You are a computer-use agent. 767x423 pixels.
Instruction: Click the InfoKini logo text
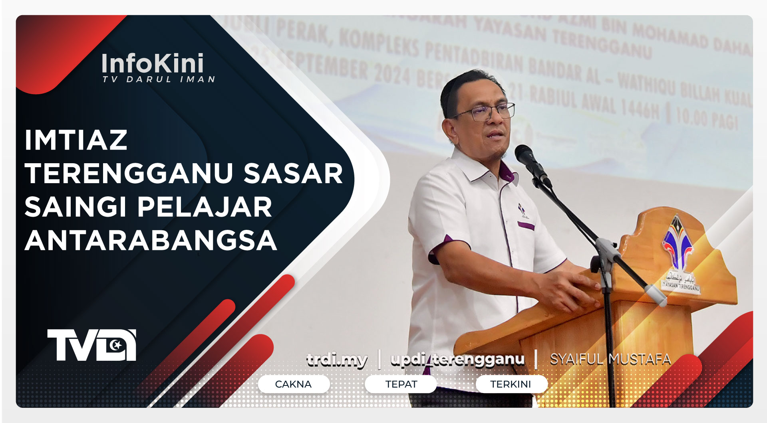(x=153, y=64)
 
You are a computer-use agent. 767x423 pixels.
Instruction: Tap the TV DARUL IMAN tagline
(x=159, y=79)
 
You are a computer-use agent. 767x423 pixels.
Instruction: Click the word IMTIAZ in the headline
(x=76, y=140)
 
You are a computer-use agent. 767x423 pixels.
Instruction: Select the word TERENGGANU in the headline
(x=129, y=174)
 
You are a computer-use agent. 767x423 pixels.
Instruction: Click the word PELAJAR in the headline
(x=205, y=208)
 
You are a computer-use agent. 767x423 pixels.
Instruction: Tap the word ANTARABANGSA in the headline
(x=151, y=241)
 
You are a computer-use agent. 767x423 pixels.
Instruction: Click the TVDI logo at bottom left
(x=92, y=345)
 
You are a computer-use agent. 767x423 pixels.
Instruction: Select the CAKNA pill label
(x=293, y=384)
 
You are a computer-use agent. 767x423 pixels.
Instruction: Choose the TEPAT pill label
(x=401, y=384)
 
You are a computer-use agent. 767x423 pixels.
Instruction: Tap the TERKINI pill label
(x=511, y=384)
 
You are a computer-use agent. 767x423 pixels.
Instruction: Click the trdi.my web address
(x=337, y=360)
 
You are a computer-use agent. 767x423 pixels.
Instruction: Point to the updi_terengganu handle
(x=457, y=360)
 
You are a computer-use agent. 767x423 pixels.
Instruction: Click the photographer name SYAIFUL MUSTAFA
(x=610, y=360)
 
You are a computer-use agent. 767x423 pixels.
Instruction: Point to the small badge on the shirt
(x=522, y=211)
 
